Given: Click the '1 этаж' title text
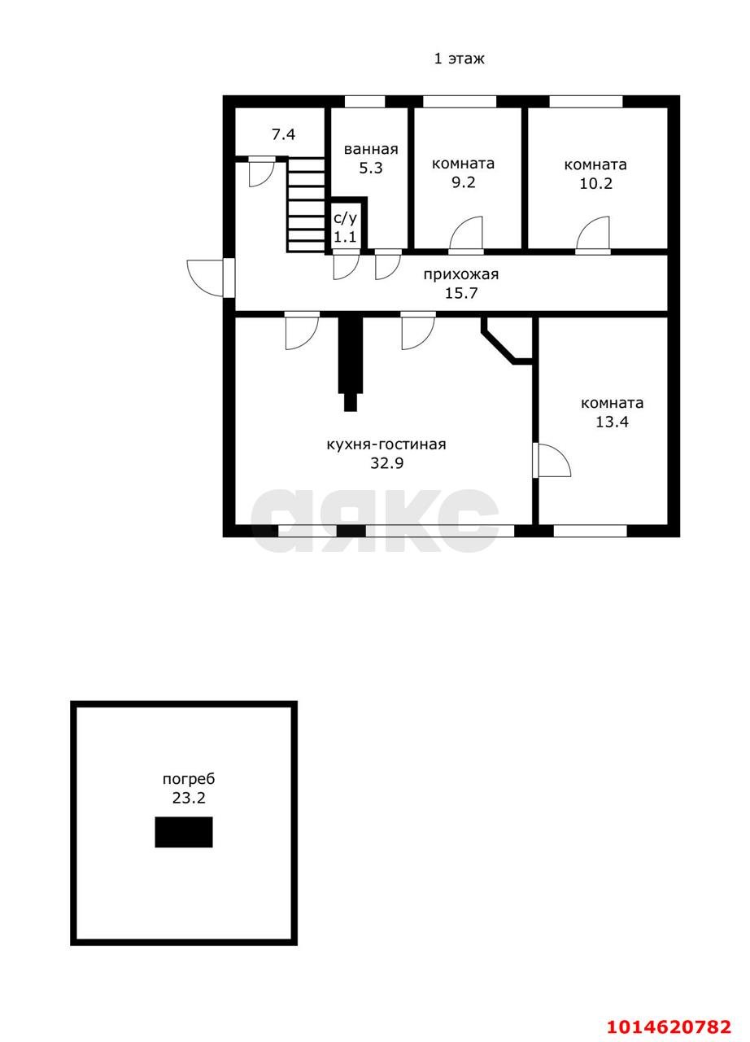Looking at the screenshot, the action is click(x=459, y=59).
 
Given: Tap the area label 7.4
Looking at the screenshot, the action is click(x=283, y=134).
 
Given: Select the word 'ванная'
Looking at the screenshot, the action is click(x=371, y=149).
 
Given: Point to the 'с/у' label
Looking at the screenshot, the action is click(x=346, y=218).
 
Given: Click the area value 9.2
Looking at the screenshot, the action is click(x=464, y=182).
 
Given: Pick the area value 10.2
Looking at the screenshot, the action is click(x=595, y=183).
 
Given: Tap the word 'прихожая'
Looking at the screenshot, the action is click(x=461, y=274).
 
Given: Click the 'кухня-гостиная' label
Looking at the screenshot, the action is click(x=386, y=444).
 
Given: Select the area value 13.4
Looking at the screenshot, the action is click(x=612, y=422).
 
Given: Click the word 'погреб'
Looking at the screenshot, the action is click(x=189, y=779).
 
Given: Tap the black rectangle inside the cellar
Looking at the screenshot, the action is click(x=184, y=832).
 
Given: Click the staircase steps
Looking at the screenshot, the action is click(x=305, y=204).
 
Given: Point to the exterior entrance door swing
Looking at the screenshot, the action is click(x=205, y=278).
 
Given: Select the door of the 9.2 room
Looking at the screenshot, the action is click(x=466, y=234).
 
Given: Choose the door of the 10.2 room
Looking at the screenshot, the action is click(x=593, y=234).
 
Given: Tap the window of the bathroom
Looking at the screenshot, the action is click(x=364, y=102).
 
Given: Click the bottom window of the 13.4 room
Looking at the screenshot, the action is click(x=590, y=531).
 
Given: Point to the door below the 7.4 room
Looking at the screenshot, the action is click(x=262, y=172).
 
